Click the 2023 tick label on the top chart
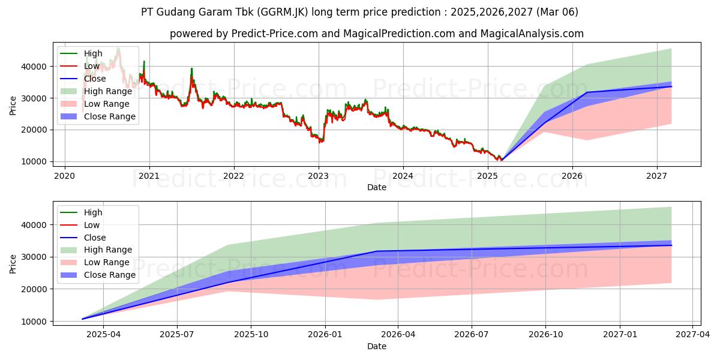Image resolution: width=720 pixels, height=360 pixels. coord(318,176)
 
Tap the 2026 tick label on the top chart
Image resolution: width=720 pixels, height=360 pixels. coord(572,176)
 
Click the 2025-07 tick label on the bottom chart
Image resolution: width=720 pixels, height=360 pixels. coord(178,335)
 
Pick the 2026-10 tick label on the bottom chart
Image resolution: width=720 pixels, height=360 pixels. coord(545,335)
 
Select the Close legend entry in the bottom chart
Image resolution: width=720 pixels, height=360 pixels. coord(95,238)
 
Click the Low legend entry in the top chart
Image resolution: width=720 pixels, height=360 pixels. coord(92,66)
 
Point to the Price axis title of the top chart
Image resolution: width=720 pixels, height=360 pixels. coord(14,105)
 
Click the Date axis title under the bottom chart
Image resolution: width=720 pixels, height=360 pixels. coord(377,346)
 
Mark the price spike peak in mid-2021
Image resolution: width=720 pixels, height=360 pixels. coord(191,68)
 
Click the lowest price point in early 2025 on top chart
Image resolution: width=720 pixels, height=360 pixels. coord(502,160)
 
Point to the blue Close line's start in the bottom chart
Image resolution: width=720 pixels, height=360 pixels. coord(83,319)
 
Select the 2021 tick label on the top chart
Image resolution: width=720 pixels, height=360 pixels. coord(149,176)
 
